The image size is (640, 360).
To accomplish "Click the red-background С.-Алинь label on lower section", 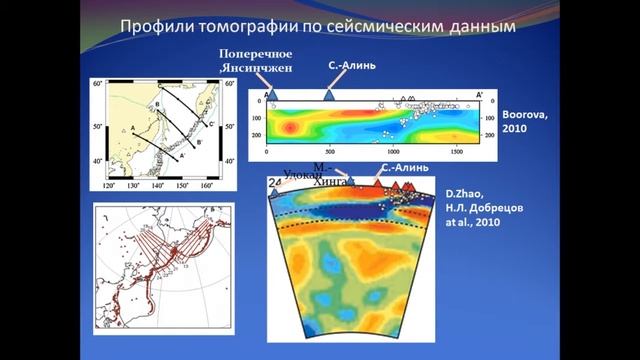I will (405, 167).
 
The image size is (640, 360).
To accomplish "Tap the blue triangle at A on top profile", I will (273, 94).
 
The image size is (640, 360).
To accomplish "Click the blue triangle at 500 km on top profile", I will (330, 95).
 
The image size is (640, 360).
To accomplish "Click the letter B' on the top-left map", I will (199, 143).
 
